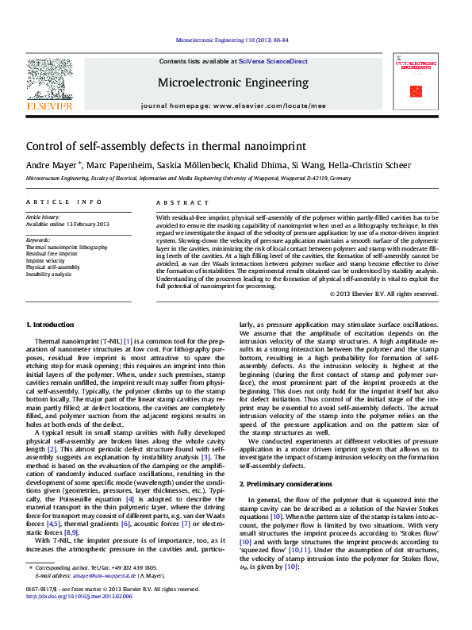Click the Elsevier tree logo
coord(50,79)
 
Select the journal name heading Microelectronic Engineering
coord(233,83)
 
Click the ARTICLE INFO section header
coord(63,203)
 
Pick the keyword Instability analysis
coord(48,274)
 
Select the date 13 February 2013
coord(86,224)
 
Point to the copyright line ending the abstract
coord(384,294)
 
